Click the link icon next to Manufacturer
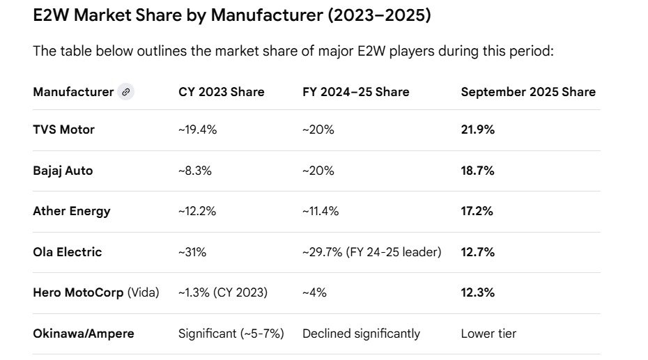pyautogui.click(x=125, y=92)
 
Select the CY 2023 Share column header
pyautogui.click(x=221, y=92)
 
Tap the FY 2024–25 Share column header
pyautogui.click(x=355, y=92)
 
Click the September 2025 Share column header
pyautogui.click(x=527, y=92)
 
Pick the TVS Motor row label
pyautogui.click(x=63, y=130)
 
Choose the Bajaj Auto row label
pyautogui.click(x=63, y=171)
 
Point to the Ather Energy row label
pyautogui.click(x=71, y=211)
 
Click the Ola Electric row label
pyautogui.click(x=67, y=252)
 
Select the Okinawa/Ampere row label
pyautogui.click(x=83, y=334)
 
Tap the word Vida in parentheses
pyautogui.click(x=143, y=292)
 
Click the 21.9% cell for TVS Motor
pyautogui.click(x=477, y=130)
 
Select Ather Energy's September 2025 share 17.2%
pyautogui.click(x=477, y=211)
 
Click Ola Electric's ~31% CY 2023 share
pyautogui.click(x=192, y=252)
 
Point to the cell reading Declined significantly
pyautogui.click(x=361, y=334)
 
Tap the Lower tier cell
pyautogui.click(x=488, y=334)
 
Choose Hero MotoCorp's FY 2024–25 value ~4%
pyautogui.click(x=315, y=292)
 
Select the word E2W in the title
pyautogui.click(x=51, y=15)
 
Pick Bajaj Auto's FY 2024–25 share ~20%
pyautogui.click(x=318, y=171)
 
